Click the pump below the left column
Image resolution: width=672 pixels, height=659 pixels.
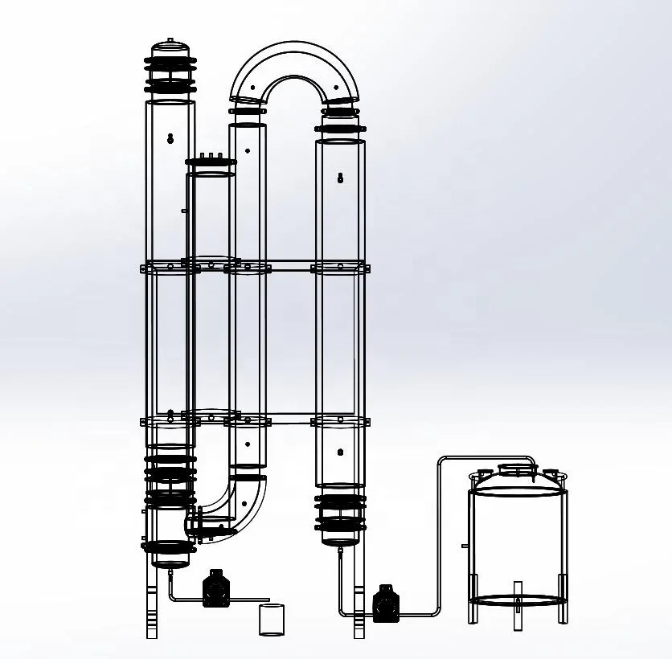[x=215, y=589]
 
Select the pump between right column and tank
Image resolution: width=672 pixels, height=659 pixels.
[x=385, y=604]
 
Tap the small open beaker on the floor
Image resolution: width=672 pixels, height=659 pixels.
[x=272, y=620]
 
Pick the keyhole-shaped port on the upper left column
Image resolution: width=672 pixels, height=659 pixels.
[x=170, y=137]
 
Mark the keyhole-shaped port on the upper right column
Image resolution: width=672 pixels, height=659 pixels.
[x=340, y=177]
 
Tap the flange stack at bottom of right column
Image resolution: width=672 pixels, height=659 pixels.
[x=340, y=514]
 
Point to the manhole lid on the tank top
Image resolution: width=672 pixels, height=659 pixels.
[x=518, y=468]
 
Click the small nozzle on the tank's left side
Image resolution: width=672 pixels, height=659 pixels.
[x=465, y=546]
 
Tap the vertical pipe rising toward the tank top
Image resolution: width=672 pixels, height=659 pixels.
[x=440, y=530]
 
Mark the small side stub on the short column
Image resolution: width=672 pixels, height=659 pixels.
[x=184, y=211]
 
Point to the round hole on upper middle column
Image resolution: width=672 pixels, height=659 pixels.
[x=248, y=149]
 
